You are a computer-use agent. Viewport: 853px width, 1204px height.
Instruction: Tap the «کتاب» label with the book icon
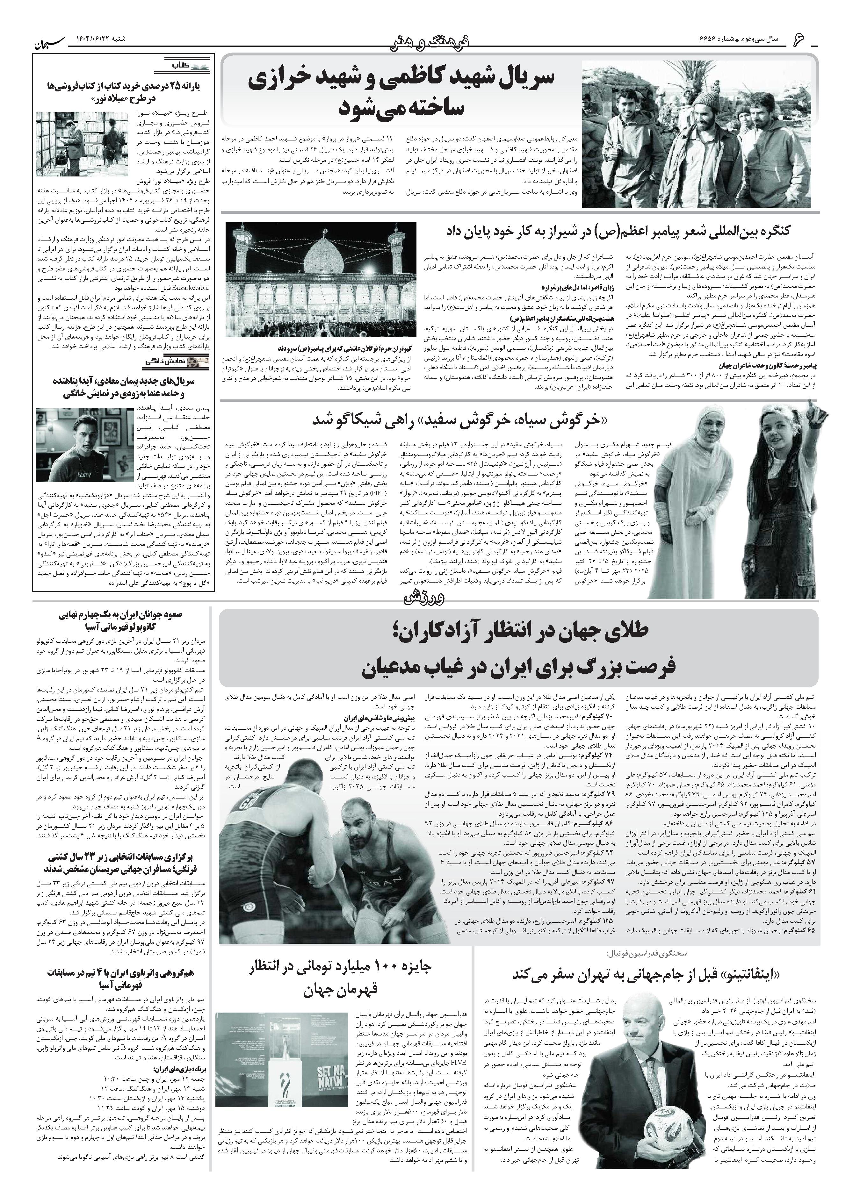184,66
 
